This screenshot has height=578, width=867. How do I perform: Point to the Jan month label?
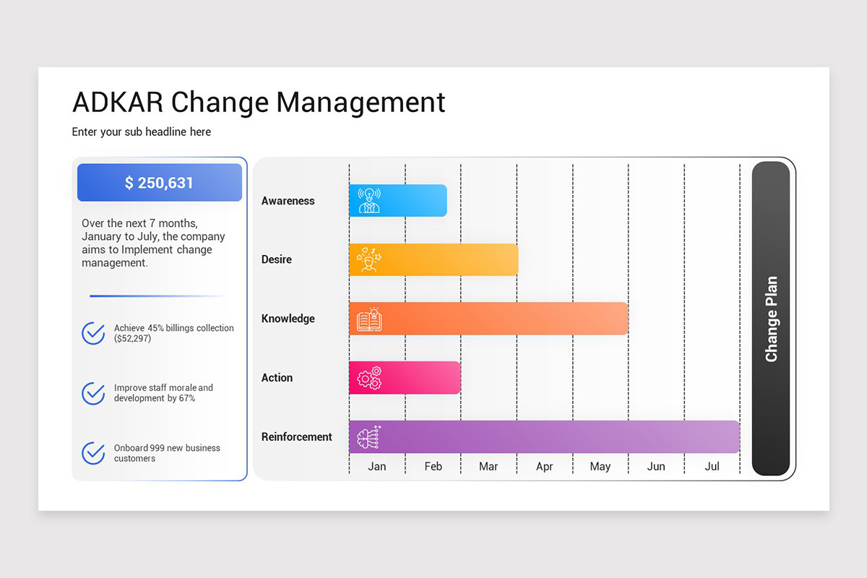tap(377, 467)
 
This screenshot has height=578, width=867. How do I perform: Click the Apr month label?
tap(545, 467)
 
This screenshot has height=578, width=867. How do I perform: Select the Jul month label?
tap(712, 467)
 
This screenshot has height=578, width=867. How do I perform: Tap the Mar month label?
tap(488, 467)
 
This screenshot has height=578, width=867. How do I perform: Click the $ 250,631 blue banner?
tap(160, 183)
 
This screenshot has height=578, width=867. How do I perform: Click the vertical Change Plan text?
tap(771, 319)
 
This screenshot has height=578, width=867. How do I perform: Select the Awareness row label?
tap(288, 201)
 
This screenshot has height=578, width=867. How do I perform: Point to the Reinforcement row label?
tap(297, 437)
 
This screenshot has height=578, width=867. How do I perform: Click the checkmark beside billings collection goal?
tap(93, 333)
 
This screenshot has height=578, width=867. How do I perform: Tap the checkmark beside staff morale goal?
tap(93, 393)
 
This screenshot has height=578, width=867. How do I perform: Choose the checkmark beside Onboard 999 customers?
tap(93, 453)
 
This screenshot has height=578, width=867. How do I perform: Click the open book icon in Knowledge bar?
tap(369, 319)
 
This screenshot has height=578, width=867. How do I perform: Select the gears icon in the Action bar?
tap(369, 378)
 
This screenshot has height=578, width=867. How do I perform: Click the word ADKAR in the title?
tap(117, 103)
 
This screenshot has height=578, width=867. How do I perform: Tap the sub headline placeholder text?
tap(142, 132)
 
